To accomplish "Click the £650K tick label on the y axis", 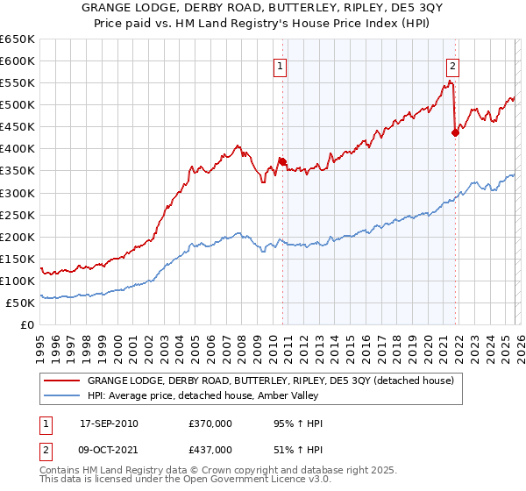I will pos(18,39).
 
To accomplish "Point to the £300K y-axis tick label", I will pos(18,193).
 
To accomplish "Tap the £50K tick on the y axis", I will pos(20,302).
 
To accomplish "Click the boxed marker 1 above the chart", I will pos(280,65).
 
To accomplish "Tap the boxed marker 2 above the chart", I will pos(452,65).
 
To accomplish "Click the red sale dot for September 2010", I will pos(282,161).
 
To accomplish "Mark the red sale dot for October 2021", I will pos(455,132).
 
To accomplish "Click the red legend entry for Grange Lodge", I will pos(270,381).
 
